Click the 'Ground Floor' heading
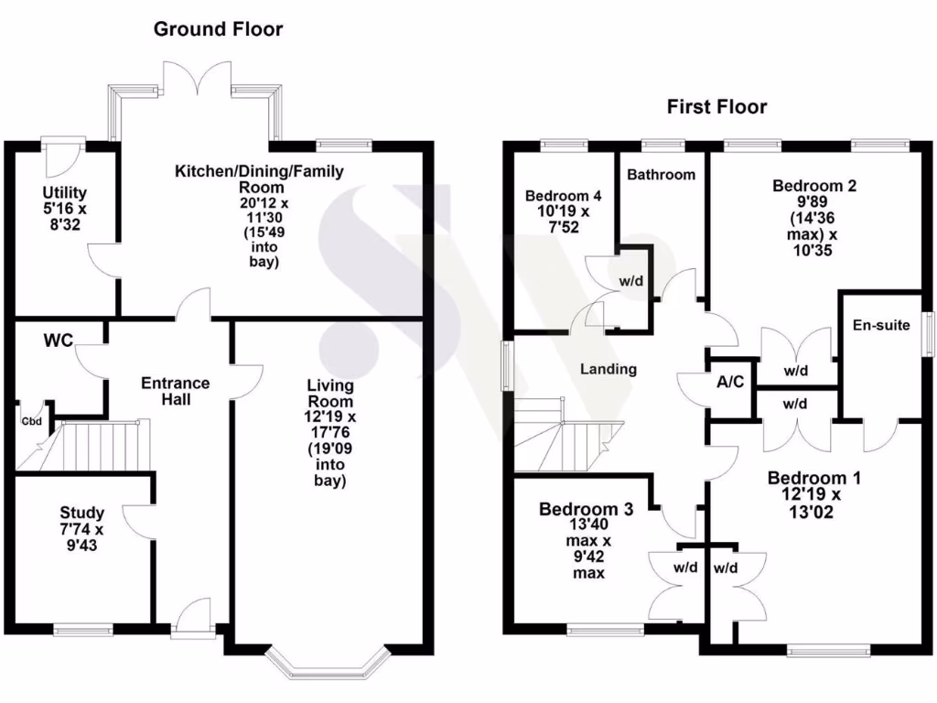218,29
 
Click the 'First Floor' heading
716,107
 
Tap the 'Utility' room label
64,192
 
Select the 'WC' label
59,341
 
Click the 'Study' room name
81,513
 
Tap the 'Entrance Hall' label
175,391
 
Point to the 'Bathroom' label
662,174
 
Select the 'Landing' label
609,369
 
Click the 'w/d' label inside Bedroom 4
631,282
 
